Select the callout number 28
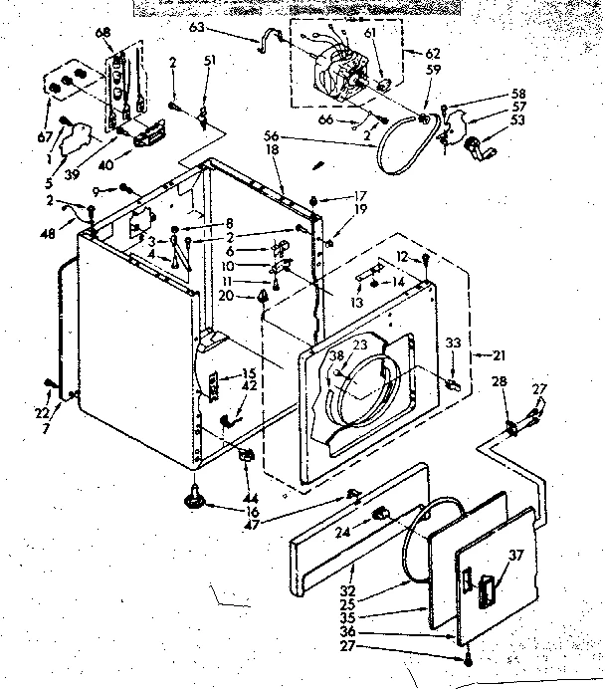tap(501, 381)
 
